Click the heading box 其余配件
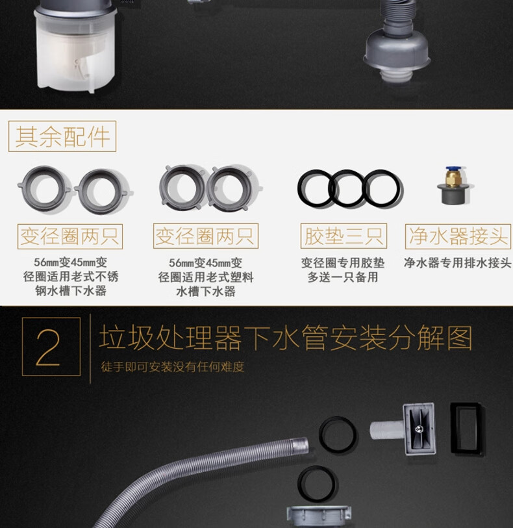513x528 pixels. pyautogui.click(x=62, y=136)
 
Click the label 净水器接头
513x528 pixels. pyautogui.click(x=458, y=236)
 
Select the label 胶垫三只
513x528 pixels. pyautogui.click(x=344, y=236)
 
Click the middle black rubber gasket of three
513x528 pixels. pyautogui.click(x=347, y=173)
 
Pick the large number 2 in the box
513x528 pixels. pyautogui.click(x=48, y=347)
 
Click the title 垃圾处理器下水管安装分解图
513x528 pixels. pyautogui.click(x=286, y=338)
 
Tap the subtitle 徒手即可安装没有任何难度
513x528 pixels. pyautogui.click(x=173, y=367)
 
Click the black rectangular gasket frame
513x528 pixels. pyautogui.click(x=453, y=427)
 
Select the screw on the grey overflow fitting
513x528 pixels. pyautogui.click(x=419, y=429)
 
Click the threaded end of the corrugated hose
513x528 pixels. pyautogui.click(x=299, y=445)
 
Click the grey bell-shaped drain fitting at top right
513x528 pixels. pyautogui.click(x=397, y=51)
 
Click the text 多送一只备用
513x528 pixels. pyautogui.click(x=343, y=277)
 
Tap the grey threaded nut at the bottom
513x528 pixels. pyautogui.click(x=319, y=516)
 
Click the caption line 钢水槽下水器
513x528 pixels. pyautogui.click(x=71, y=290)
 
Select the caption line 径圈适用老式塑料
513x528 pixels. pyautogui.click(x=206, y=277)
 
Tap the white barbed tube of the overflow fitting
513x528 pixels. pyautogui.click(x=386, y=430)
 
